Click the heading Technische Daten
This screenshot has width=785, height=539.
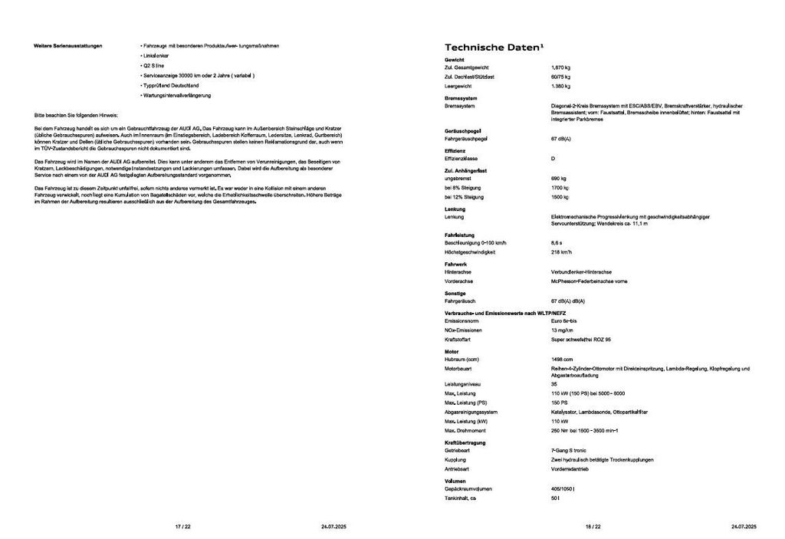[x=494, y=47]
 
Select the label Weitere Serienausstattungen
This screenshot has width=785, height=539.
[x=67, y=46]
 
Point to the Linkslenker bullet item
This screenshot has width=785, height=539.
[x=157, y=56]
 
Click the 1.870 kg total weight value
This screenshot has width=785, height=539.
[x=560, y=68]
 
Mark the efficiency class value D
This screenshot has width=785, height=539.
[x=553, y=159]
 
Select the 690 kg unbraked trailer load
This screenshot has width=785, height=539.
[x=558, y=178]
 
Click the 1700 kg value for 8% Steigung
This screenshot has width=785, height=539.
[x=559, y=188]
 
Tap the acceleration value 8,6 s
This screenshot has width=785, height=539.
[x=557, y=243]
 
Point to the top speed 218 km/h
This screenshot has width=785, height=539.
[x=561, y=252]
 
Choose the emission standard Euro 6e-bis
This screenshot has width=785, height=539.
[x=564, y=321]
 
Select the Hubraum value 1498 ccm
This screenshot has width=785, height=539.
[x=562, y=360]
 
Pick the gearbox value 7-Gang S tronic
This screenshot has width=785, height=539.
[x=568, y=451]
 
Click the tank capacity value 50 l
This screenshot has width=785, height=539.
[x=554, y=498]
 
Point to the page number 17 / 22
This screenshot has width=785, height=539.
[x=182, y=527]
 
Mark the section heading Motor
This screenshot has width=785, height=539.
[x=452, y=350]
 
